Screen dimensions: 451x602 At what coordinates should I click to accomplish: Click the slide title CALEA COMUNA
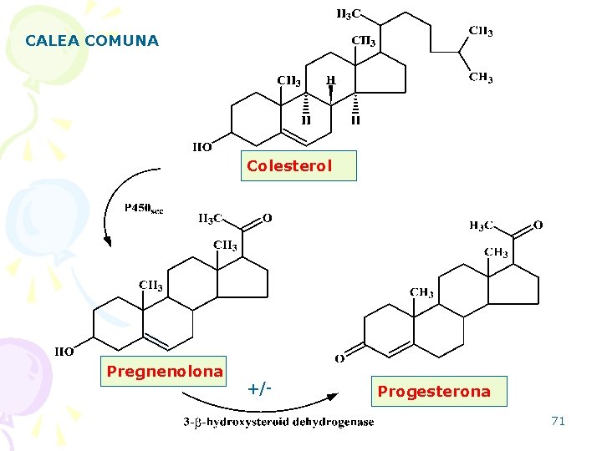click(x=92, y=40)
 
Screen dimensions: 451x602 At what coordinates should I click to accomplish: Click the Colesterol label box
click(x=289, y=165)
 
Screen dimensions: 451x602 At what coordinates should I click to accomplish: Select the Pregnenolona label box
click(x=165, y=371)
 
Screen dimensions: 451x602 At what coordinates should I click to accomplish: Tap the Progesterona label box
click(x=434, y=391)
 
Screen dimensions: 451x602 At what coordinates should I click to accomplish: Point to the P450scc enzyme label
click(x=144, y=208)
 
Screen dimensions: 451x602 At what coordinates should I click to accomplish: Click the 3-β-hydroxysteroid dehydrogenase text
click(x=278, y=422)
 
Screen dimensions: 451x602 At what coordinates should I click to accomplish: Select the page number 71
click(x=558, y=421)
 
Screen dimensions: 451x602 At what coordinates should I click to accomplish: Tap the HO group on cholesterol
click(x=202, y=147)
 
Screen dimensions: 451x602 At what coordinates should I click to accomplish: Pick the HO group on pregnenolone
click(x=64, y=352)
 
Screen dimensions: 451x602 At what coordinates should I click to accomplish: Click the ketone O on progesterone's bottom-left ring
click(x=339, y=359)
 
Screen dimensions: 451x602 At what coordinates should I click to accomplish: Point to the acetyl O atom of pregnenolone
click(x=267, y=219)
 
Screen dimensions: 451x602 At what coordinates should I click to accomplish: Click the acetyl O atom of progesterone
click(x=538, y=225)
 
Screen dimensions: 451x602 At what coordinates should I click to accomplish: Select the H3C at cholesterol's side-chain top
click(x=349, y=13)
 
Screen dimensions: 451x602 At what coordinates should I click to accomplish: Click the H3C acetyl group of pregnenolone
click(x=210, y=220)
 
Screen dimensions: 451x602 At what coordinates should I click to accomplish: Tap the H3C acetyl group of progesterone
click(x=481, y=225)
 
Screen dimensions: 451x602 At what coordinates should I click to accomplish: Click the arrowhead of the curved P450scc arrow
click(x=108, y=241)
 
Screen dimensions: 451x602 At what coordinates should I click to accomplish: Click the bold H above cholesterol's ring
click(x=331, y=81)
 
